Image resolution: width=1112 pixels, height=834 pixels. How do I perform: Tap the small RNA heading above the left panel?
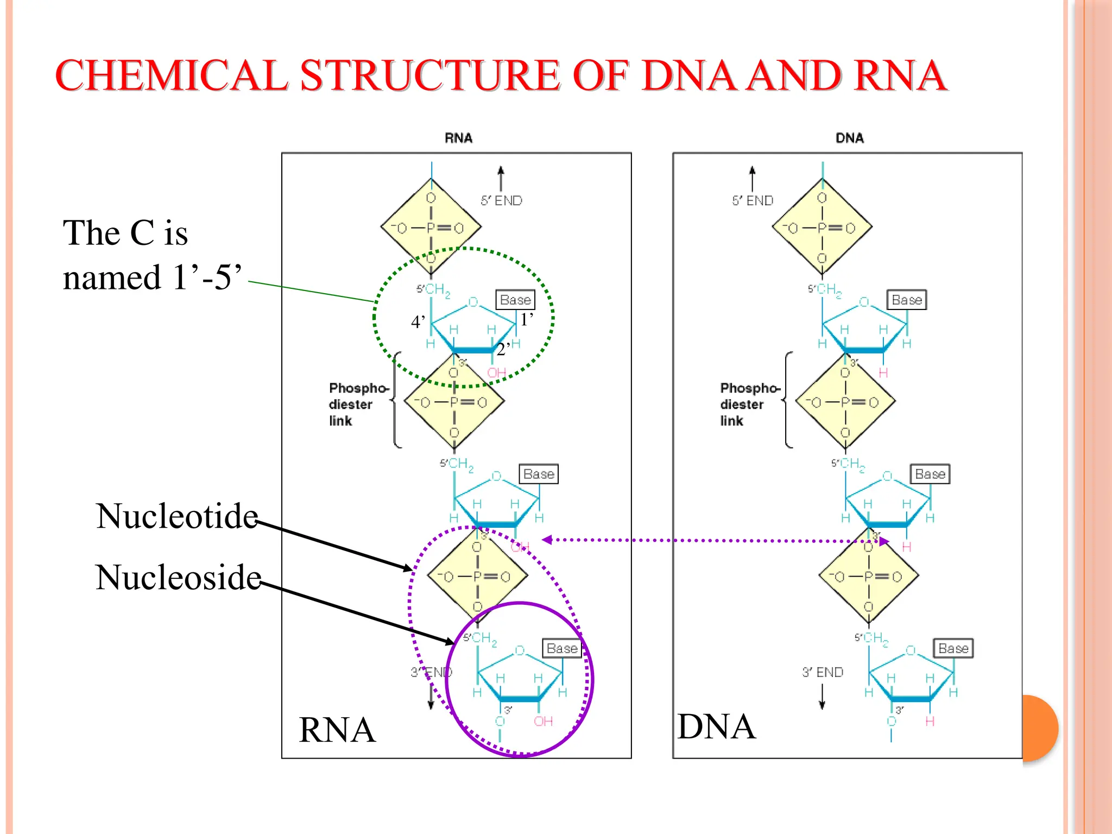coord(458,138)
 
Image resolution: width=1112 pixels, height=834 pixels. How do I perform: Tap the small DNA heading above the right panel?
coord(849,138)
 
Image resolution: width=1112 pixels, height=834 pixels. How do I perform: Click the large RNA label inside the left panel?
coord(337,730)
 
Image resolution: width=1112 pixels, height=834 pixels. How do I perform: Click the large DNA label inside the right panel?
coord(716,726)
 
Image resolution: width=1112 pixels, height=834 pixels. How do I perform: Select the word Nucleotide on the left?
coord(177,516)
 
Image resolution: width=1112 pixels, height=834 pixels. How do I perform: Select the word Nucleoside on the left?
coord(178,577)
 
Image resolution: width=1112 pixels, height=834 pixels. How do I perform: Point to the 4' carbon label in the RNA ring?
coord(418,322)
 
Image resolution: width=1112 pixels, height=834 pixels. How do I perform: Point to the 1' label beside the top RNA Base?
coord(527,320)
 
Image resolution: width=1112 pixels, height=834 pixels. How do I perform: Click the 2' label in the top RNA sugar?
coord(503,349)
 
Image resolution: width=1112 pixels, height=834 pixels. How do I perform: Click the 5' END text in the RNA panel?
coord(501,201)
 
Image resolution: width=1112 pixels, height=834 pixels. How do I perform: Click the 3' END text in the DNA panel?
coord(823,672)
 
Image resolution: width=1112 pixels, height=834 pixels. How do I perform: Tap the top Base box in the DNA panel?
coord(906,300)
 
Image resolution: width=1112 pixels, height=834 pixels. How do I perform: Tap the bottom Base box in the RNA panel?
coord(562,648)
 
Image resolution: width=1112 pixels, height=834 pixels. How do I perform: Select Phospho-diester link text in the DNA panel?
coord(749,405)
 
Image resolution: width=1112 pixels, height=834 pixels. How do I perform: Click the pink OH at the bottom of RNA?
coord(543,721)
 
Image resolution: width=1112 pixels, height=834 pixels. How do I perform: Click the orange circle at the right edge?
coord(1039,728)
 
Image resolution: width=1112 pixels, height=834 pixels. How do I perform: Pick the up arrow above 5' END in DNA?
coord(752,176)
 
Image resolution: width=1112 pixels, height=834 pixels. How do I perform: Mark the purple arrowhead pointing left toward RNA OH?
coord(547,540)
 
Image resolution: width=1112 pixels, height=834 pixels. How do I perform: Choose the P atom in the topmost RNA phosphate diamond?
coord(431,228)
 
